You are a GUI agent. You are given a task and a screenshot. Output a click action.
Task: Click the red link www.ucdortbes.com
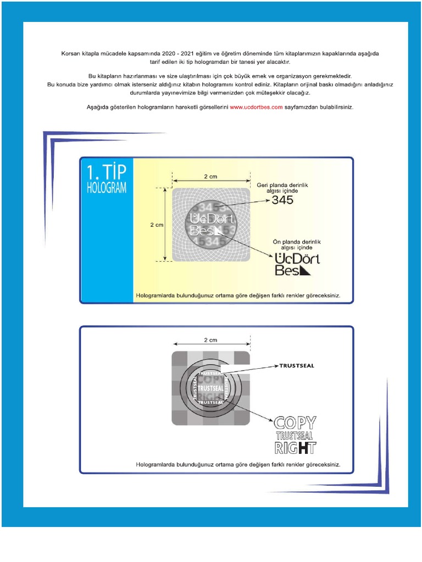point(256,107)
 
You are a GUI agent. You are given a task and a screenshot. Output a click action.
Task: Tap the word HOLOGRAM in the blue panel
point(107,188)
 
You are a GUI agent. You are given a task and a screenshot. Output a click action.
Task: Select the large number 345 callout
point(282,200)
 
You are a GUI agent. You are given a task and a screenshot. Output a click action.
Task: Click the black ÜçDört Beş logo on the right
point(297,264)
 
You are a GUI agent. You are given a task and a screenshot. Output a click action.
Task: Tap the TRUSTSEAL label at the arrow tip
point(297,366)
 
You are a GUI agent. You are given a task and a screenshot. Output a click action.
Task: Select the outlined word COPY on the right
point(296,423)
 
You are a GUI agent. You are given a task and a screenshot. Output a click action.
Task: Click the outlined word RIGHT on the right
point(296,448)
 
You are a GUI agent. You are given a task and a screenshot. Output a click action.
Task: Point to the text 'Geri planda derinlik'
point(282,185)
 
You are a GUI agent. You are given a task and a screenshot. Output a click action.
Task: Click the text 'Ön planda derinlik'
point(297,241)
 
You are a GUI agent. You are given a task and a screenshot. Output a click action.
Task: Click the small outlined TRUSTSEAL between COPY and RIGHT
point(295,436)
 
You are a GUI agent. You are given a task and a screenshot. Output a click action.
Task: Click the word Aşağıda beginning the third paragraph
point(98,107)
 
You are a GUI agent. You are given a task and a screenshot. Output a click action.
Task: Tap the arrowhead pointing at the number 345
point(268,201)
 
